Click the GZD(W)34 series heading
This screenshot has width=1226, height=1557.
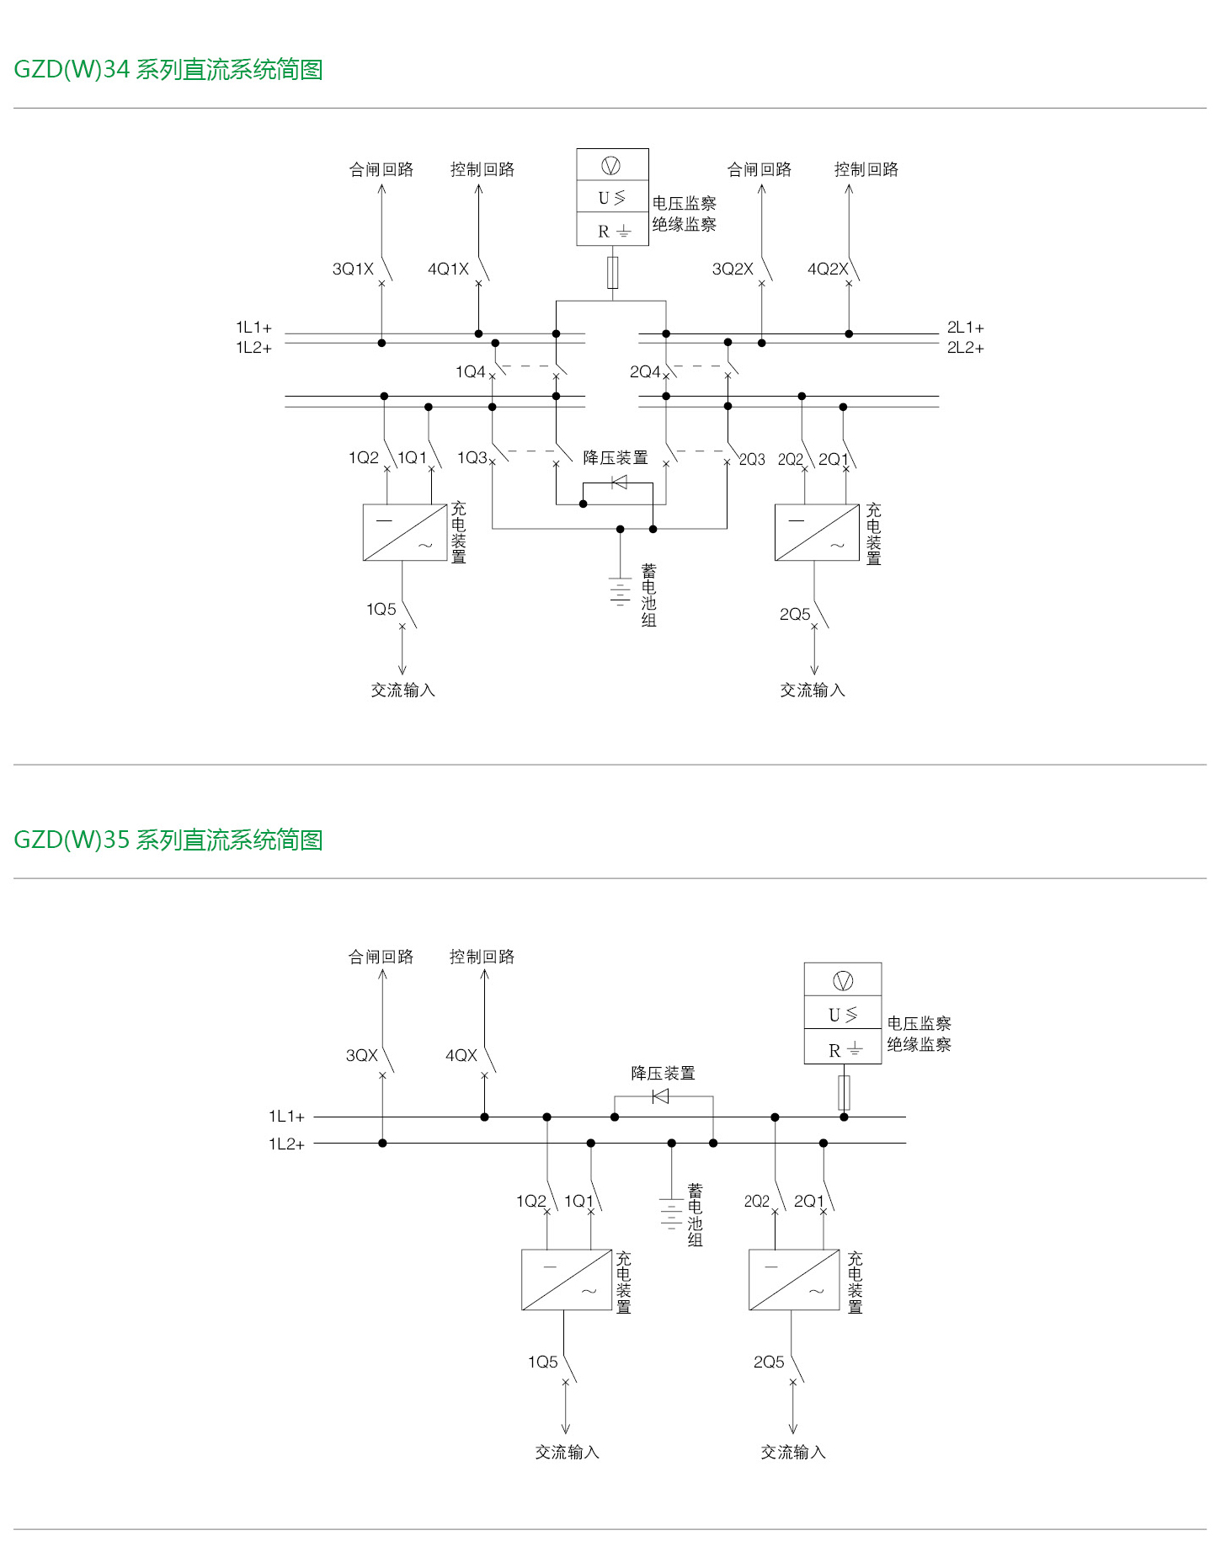coord(168,69)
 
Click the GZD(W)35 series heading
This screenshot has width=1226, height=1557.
coord(168,840)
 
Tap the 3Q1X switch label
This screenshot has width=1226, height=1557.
coord(353,269)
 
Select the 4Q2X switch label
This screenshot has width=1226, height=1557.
coord(828,269)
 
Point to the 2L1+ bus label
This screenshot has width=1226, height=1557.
coord(965,328)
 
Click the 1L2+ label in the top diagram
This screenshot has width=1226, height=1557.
coord(253,348)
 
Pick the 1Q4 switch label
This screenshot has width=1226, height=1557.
coord(470,371)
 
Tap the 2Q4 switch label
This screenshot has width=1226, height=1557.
coord(645,371)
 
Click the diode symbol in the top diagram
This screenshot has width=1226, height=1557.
coord(619,483)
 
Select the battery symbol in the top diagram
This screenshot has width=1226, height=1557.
coord(620,591)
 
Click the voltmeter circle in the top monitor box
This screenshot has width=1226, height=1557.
coord(611,165)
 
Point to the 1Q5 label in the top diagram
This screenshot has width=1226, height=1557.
coord(381,609)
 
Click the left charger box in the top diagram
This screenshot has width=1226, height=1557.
coord(404,532)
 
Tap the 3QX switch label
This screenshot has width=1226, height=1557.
coord(362,1055)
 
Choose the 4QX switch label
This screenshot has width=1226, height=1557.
coord(461,1055)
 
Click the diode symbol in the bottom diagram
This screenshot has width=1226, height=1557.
coord(661,1096)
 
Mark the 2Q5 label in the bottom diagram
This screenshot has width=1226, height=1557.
coord(769,1362)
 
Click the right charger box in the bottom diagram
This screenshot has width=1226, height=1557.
coord(794,1280)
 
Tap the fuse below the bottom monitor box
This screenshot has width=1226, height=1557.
coord(844,1092)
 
